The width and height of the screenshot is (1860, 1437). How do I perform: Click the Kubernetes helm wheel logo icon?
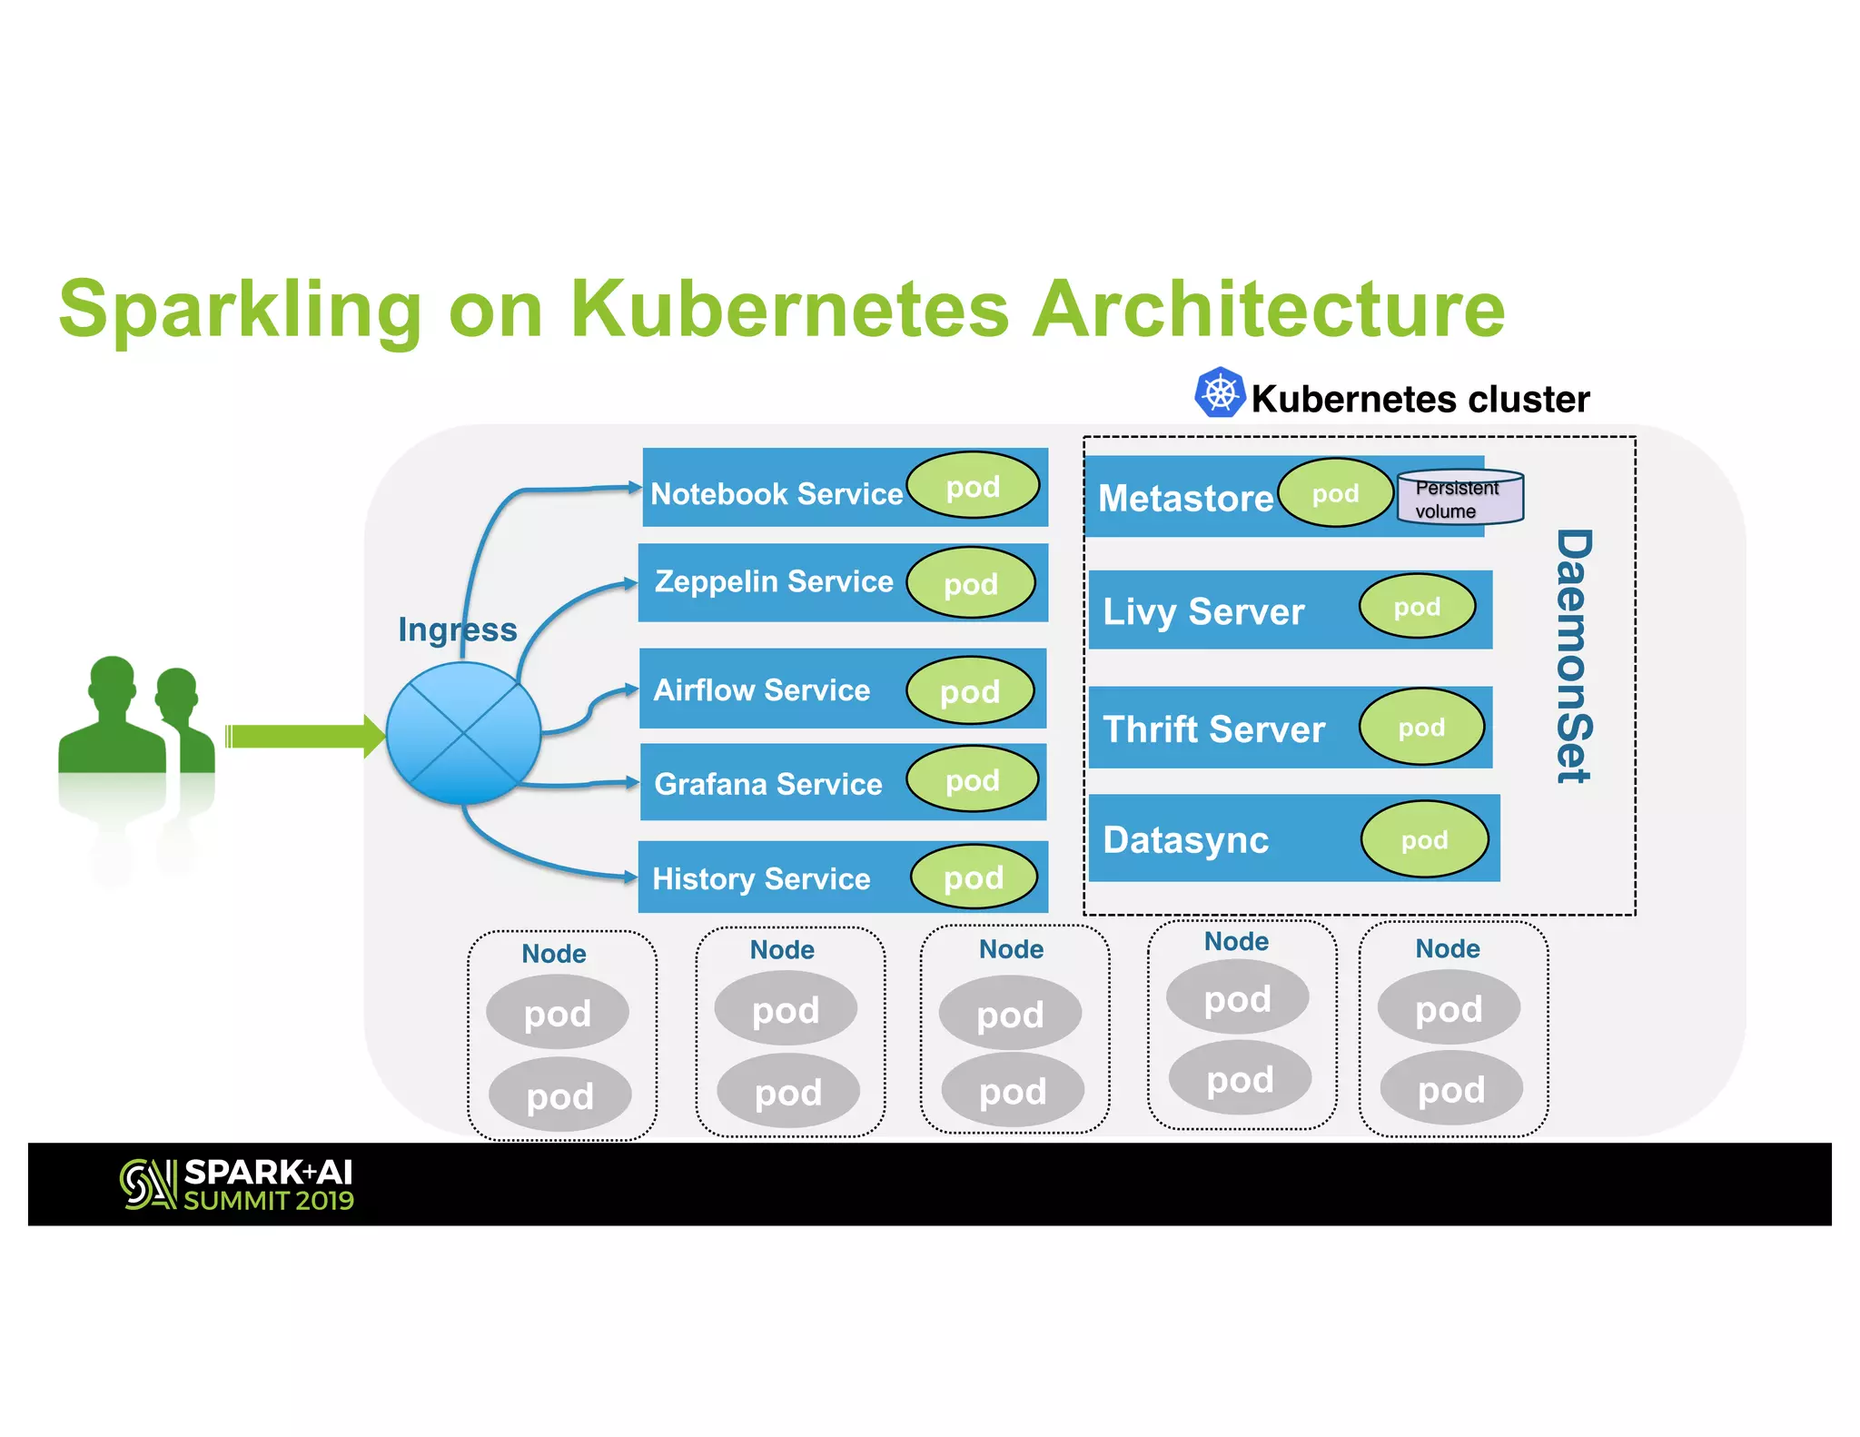pos(1219,393)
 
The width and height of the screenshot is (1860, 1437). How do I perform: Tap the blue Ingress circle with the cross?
pos(463,733)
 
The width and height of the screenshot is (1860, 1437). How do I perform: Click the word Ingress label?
pos(457,629)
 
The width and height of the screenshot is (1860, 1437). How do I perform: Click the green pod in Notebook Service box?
pos(973,487)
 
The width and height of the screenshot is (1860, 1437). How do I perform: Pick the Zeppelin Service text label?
pos(774,581)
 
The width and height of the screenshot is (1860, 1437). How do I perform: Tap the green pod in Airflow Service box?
pos(969,691)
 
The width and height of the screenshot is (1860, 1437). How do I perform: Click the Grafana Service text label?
pos(767,784)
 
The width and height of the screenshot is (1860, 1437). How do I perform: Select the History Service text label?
pos(761,879)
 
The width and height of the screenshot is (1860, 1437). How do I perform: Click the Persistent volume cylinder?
pos(1459,498)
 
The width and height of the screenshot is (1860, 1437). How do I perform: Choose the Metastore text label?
pos(1185,499)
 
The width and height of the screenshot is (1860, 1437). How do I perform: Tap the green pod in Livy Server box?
pos(1416,607)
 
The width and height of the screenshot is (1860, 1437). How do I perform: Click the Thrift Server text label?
pos(1213,729)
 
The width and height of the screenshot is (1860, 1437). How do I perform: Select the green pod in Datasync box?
pos(1423,840)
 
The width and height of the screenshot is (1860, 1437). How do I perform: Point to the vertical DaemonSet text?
pos(1574,656)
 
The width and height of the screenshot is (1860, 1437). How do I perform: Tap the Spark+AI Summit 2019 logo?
pos(237,1184)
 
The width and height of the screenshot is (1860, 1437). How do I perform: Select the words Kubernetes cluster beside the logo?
pos(1420,400)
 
